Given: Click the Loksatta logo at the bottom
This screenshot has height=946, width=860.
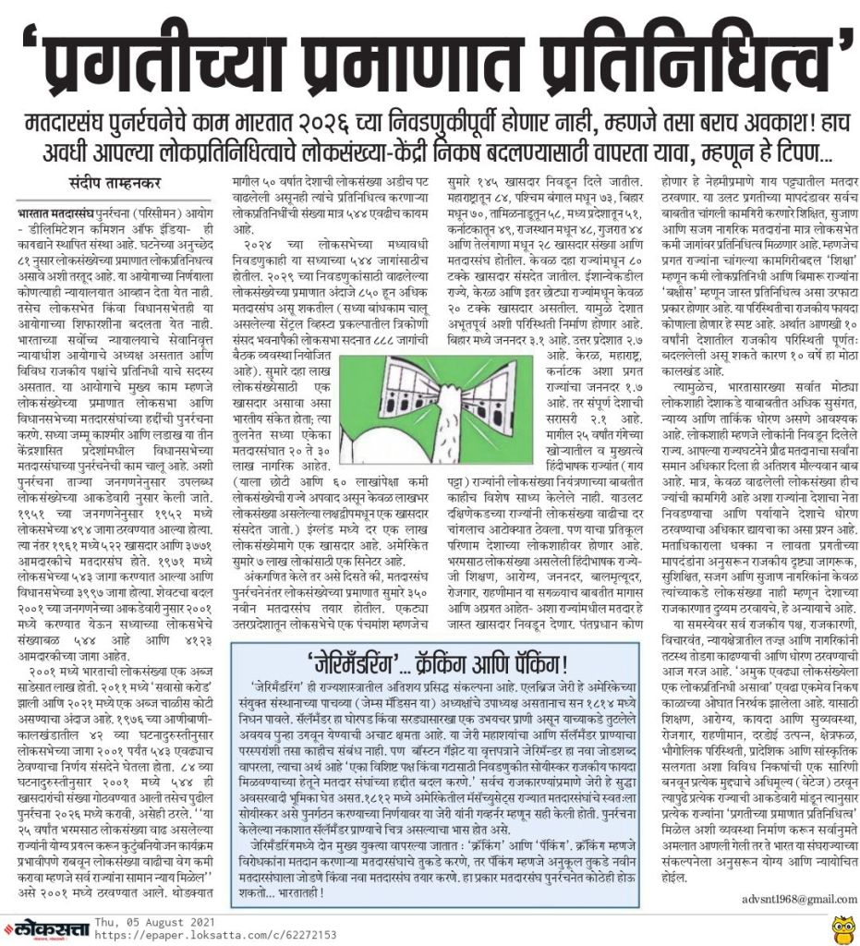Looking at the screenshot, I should pos(55,923).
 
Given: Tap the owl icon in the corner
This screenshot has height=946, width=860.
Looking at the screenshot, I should pos(838,922).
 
